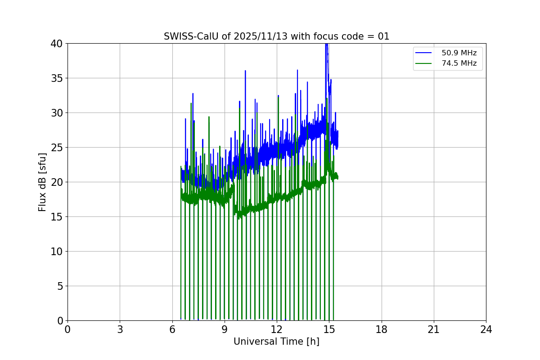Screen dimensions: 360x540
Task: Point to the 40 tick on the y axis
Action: [57, 44]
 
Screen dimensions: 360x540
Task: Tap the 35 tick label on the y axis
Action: [57, 78]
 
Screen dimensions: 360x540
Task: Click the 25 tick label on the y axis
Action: [57, 148]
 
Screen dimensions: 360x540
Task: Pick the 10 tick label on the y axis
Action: [57, 252]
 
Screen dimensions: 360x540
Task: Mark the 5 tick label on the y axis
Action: [60, 286]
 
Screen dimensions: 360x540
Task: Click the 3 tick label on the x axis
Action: [120, 330]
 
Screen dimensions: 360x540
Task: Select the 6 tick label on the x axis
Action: [172, 330]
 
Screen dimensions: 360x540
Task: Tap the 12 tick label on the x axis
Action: [277, 330]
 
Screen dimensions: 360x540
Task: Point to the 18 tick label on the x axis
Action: [382, 330]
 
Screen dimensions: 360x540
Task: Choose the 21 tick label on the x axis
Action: [434, 330]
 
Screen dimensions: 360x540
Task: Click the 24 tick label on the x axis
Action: [486, 330]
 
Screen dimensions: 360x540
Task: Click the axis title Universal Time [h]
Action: [276, 342]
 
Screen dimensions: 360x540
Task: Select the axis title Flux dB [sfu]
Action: [42, 182]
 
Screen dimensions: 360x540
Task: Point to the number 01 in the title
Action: [383, 36]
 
